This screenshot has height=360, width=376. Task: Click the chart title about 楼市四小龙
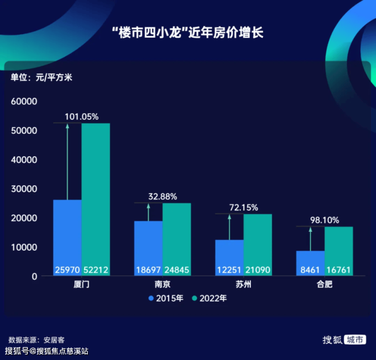tap(188, 34)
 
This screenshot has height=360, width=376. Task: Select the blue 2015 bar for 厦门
tap(67, 229)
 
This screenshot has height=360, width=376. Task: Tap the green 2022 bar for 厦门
tap(96, 193)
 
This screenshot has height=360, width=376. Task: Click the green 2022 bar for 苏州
tap(258, 239)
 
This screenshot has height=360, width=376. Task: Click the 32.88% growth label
tap(163, 196)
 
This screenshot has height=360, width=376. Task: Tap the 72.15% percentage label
tap(243, 207)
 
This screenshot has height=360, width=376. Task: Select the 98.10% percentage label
tap(324, 220)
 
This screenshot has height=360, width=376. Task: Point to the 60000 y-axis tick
tap(24, 102)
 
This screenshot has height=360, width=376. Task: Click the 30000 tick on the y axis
tap(24, 189)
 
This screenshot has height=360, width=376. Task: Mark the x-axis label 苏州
tap(243, 285)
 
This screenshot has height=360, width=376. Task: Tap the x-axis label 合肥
tap(324, 285)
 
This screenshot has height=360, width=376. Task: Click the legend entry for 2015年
tap(166, 298)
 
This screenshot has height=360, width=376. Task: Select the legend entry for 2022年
tap(209, 298)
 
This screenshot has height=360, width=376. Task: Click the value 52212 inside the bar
tap(96, 270)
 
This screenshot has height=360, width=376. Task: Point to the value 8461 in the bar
tap(310, 270)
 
